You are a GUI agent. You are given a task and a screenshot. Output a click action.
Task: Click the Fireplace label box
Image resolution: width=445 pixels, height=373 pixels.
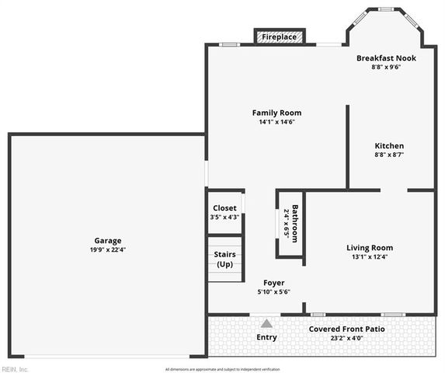(x=280, y=37)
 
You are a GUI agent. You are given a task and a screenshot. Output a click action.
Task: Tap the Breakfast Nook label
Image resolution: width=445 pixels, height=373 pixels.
(x=386, y=58)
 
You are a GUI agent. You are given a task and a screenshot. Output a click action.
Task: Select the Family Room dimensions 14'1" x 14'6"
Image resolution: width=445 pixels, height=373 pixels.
(x=276, y=122)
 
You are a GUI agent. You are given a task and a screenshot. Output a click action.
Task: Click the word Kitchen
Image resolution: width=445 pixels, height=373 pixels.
(x=389, y=146)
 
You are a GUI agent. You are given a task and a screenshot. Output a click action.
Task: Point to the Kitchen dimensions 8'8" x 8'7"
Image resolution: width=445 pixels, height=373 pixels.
(x=389, y=155)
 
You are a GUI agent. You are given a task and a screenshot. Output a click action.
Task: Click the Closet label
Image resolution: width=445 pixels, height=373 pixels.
(x=224, y=208)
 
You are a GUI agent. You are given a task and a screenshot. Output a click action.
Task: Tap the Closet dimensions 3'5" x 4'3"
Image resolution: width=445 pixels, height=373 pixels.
(x=224, y=218)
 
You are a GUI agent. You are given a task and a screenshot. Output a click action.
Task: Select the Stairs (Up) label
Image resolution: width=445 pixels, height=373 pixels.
(x=224, y=260)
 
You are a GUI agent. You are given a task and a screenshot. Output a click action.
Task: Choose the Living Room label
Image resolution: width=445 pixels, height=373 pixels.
(x=370, y=248)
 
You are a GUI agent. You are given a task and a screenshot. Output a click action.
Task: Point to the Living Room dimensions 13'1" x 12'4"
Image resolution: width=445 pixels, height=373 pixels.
(x=370, y=257)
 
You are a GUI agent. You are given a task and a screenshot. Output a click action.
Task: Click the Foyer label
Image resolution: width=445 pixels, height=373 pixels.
(x=273, y=283)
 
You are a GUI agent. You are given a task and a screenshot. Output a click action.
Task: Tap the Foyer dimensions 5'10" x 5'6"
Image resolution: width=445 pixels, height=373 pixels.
(x=273, y=292)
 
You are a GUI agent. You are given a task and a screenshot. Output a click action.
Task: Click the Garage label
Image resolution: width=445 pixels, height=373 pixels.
(x=108, y=241)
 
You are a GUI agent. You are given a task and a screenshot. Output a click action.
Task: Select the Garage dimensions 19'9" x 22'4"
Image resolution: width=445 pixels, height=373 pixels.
(x=108, y=250)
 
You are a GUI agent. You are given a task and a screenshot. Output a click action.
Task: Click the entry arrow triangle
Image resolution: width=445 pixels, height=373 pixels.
(x=266, y=323)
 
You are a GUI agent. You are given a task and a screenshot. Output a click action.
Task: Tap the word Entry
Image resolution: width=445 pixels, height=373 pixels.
(x=266, y=337)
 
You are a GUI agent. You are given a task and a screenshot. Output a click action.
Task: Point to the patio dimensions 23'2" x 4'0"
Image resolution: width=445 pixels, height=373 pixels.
(x=347, y=338)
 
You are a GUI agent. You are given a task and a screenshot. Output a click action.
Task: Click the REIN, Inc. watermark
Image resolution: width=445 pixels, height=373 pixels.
(x=16, y=368)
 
